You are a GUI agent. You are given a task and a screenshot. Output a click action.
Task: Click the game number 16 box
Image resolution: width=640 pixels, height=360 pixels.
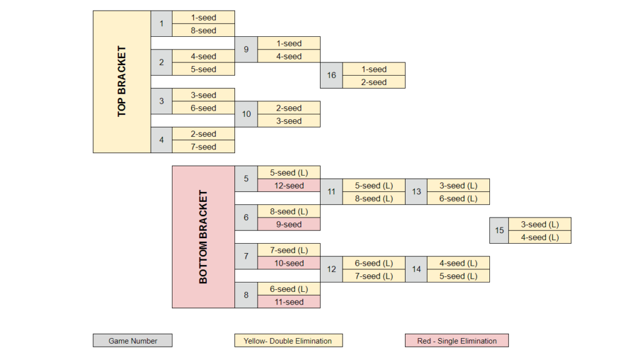tap(331, 76)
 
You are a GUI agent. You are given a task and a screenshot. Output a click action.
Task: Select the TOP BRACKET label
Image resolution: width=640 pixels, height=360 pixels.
tap(122, 82)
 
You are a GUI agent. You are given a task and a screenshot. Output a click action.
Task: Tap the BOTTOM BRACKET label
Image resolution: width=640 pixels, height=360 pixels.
tap(203, 237)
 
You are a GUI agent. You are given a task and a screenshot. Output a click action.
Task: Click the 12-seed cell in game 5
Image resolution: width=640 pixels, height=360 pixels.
tap(289, 186)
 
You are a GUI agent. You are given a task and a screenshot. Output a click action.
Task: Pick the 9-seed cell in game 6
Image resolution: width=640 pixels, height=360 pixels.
tap(289, 224)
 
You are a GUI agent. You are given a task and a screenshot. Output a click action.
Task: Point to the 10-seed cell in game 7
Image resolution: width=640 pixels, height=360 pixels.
tap(289, 263)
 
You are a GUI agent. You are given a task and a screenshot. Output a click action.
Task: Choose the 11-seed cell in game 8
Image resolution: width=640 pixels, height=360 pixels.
tap(289, 302)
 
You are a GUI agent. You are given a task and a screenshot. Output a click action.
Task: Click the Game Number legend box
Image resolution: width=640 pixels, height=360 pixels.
tap(132, 341)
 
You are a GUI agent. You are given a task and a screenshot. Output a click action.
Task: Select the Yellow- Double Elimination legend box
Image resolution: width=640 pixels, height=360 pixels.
tap(289, 341)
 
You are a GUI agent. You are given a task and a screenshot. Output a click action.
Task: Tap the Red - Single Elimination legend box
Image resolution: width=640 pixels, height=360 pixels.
tap(457, 341)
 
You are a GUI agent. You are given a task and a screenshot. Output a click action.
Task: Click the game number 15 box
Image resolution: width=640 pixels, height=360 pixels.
tap(499, 231)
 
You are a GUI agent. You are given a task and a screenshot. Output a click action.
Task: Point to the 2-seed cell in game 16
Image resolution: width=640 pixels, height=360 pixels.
tap(374, 82)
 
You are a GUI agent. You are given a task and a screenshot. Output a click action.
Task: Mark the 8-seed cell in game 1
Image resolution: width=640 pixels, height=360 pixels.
tap(203, 30)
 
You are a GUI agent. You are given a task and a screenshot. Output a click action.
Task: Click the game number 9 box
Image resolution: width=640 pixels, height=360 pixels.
tap(246, 49)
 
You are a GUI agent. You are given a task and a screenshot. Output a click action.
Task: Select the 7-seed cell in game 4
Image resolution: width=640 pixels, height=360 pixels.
tap(203, 147)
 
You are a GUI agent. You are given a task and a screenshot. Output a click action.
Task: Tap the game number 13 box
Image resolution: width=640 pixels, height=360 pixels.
tap(416, 192)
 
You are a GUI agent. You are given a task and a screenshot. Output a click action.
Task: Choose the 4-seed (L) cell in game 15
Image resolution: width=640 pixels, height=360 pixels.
tap(540, 237)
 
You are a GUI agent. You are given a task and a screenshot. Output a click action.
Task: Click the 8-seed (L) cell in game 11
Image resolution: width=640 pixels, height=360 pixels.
tap(374, 198)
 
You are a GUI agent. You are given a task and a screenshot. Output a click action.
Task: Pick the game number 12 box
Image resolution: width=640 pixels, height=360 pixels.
tap(331, 269)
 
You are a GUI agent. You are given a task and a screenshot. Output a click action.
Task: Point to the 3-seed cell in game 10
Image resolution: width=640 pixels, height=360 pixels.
tap(289, 121)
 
